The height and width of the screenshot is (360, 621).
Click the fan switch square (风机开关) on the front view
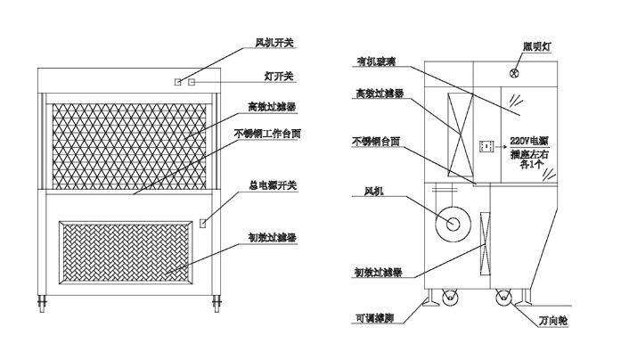tap(178, 82)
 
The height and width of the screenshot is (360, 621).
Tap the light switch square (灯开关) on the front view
tap(191, 82)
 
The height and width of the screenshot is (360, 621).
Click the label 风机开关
tap(274, 41)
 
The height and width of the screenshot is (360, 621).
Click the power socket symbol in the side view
tap(486, 144)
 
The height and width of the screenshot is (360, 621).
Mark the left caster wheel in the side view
tap(445, 302)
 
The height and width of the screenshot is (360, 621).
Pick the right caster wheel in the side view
tap(503, 302)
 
